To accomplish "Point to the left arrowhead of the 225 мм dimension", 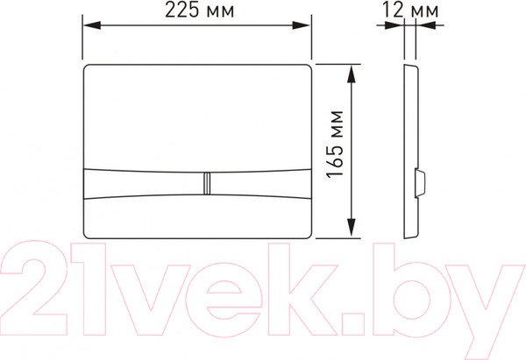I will pos(88,25).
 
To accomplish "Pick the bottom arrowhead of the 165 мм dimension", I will pos(352,232).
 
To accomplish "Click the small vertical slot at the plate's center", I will pos(207,183).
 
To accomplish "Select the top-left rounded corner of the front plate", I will pos(89,67).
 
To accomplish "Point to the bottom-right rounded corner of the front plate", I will pos(307,232).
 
